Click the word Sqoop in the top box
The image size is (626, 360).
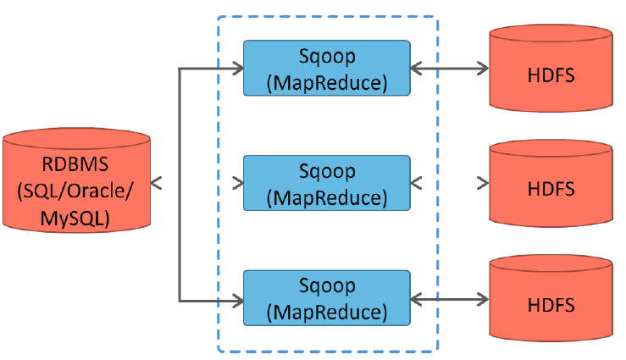(326, 56)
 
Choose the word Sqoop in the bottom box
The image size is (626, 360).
(326, 286)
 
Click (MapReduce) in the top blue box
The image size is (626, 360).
(326, 83)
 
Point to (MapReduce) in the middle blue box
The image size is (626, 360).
(326, 197)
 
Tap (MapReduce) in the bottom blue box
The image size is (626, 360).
(326, 313)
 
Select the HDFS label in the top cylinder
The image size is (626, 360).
(551, 75)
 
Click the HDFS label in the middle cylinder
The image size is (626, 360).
(551, 189)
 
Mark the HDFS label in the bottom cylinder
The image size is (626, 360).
(551, 304)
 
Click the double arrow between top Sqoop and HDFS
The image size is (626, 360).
(450, 68)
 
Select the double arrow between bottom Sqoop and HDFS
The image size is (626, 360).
(450, 298)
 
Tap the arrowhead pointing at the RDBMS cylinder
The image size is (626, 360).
(157, 182)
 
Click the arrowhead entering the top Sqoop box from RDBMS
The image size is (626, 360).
(236, 68)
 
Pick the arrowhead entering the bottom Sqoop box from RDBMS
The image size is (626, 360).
(236, 298)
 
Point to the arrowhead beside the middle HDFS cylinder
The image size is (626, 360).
(482, 183)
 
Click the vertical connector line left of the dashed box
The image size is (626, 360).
(180, 183)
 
